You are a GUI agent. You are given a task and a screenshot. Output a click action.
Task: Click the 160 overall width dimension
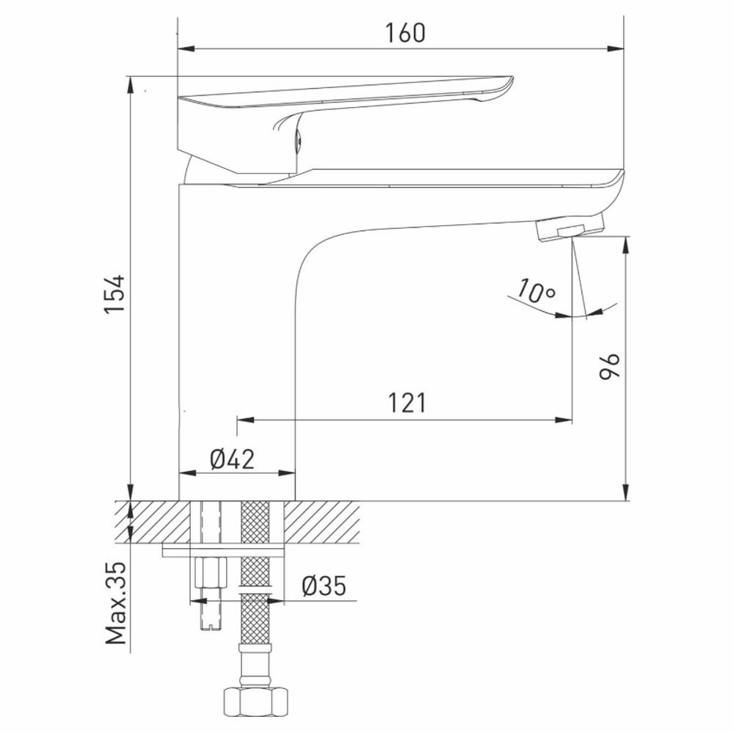click(404, 33)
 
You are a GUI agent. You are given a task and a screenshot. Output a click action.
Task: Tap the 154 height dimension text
click(115, 296)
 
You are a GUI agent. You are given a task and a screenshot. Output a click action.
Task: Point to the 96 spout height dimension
click(611, 365)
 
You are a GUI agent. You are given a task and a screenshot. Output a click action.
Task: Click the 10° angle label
click(534, 291)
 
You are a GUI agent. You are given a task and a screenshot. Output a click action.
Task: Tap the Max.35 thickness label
click(116, 603)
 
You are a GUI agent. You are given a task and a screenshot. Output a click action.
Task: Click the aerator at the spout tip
click(570, 228)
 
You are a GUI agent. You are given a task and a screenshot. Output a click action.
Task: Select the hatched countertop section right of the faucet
click(323, 522)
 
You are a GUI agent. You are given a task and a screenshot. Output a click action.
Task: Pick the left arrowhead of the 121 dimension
click(243, 420)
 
